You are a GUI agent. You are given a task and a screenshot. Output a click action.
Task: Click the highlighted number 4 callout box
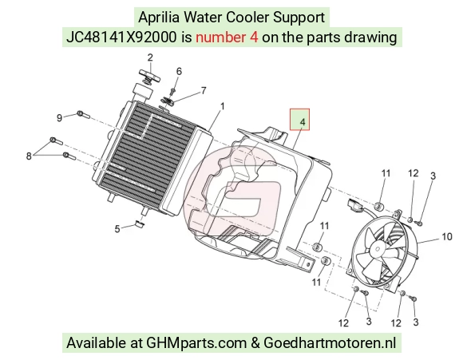299,119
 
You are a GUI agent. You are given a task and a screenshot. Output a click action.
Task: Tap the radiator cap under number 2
149,76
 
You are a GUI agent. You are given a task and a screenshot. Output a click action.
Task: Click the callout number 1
223,106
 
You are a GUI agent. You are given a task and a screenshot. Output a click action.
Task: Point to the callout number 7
204,90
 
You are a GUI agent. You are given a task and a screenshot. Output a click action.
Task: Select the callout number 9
59,118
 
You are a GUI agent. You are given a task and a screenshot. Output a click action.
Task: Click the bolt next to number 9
83,114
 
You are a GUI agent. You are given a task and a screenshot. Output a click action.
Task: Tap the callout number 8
29,156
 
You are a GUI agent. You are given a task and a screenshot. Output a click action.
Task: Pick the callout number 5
117,229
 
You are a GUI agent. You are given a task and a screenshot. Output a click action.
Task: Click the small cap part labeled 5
140,224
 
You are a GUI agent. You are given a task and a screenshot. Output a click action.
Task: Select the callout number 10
447,236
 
